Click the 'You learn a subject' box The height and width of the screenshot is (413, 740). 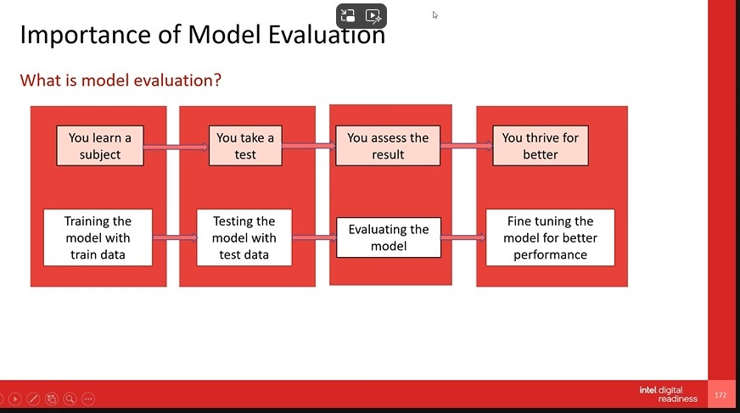point(100,146)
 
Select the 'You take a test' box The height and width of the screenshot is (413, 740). point(245,146)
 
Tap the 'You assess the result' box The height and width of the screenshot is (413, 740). point(388,146)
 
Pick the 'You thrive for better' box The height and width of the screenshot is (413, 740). point(541,146)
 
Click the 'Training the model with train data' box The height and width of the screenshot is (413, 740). point(98,237)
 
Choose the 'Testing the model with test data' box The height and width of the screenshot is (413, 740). point(244,237)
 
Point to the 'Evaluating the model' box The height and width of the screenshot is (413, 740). point(389,237)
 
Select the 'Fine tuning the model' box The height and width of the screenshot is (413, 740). point(550,237)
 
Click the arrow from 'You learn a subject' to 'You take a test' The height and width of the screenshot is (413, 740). point(176,147)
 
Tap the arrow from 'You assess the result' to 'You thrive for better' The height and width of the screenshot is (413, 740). point(467,146)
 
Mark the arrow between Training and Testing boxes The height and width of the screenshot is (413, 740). point(175,237)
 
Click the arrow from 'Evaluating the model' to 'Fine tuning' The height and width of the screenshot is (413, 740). point(463,237)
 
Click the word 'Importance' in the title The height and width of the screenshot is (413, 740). point(86,35)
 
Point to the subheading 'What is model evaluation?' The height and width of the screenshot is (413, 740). point(121,81)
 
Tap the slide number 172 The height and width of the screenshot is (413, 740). point(720,395)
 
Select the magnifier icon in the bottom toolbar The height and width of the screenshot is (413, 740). point(70,399)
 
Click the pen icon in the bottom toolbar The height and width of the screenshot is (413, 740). point(33,399)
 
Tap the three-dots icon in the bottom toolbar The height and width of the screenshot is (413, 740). point(88,399)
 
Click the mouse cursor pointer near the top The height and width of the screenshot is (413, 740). point(434,15)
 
